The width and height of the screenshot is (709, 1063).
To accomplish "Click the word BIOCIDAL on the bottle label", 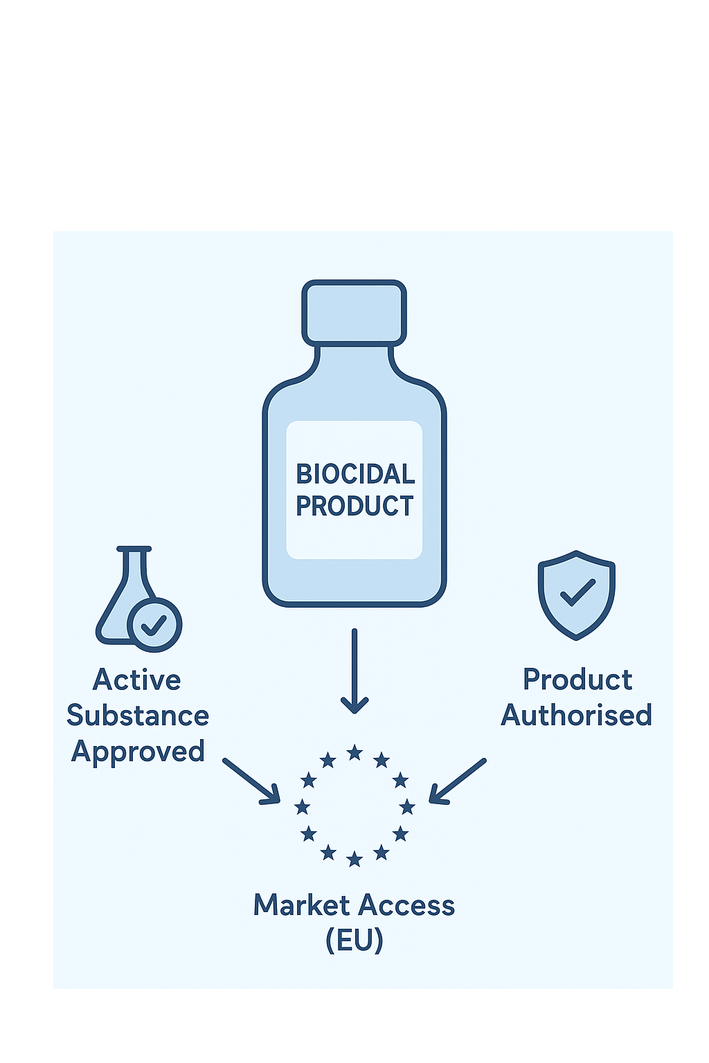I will pos(355,474).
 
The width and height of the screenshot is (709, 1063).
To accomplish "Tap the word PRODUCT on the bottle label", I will pos(354,506).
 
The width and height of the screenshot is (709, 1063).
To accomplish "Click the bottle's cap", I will pos(354,312).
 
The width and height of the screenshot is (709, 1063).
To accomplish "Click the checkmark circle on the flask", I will pos(154,625).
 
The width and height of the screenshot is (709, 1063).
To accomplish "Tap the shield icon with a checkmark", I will pos(577,594).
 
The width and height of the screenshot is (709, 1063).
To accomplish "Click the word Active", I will pos(137,680).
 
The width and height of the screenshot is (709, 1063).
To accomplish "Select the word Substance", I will pos(138,716).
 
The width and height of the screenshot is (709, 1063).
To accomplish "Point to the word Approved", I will pos(138,752).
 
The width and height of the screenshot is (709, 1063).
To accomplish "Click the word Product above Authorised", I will pos(577,680).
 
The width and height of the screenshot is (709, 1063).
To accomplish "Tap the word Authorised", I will pos(577,716).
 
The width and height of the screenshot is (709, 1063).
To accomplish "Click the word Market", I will pos(301,905).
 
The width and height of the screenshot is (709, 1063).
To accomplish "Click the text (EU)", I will pos(354,941).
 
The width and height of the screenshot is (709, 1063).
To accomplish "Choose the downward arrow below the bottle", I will pos(354,671).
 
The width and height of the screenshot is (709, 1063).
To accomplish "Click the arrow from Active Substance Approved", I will pos(251,781).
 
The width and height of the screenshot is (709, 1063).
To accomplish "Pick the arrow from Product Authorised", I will pos(458,781).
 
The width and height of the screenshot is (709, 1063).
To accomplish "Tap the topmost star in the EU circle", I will pos(354,753).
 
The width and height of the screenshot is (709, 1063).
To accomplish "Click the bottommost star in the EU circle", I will pos(354,860).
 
